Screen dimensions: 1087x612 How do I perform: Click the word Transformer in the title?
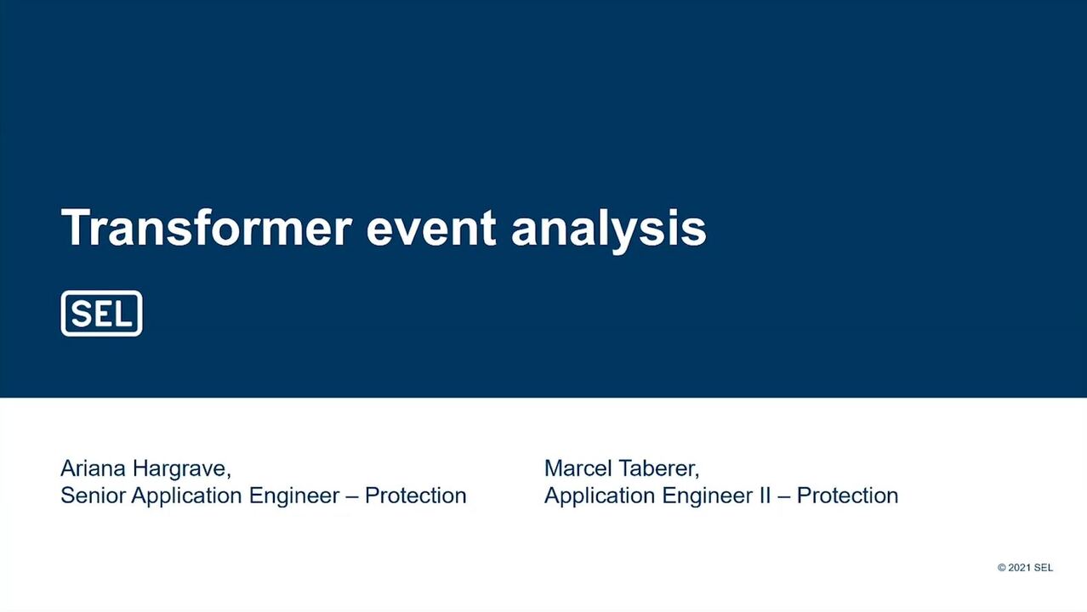point(206,228)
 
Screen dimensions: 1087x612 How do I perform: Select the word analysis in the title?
point(609,231)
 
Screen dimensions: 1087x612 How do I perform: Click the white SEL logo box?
point(102,314)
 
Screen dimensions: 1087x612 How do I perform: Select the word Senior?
point(94,496)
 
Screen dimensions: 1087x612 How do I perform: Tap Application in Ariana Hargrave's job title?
point(187,496)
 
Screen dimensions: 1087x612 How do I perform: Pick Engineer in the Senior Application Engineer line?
point(294,496)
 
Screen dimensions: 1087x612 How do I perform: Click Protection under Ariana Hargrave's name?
point(416,496)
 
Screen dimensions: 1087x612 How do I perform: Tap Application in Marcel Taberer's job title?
point(600,496)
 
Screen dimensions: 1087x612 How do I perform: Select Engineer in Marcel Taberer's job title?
point(707,496)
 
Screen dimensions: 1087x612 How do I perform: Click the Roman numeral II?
point(765,496)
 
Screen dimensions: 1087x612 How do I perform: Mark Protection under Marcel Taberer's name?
point(847,496)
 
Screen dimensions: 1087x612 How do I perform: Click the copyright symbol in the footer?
point(1002,568)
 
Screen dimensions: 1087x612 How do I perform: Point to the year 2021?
point(1020,568)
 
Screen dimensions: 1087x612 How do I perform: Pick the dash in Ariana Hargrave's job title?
point(352,497)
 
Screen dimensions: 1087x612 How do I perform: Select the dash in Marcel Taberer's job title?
point(783,497)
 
